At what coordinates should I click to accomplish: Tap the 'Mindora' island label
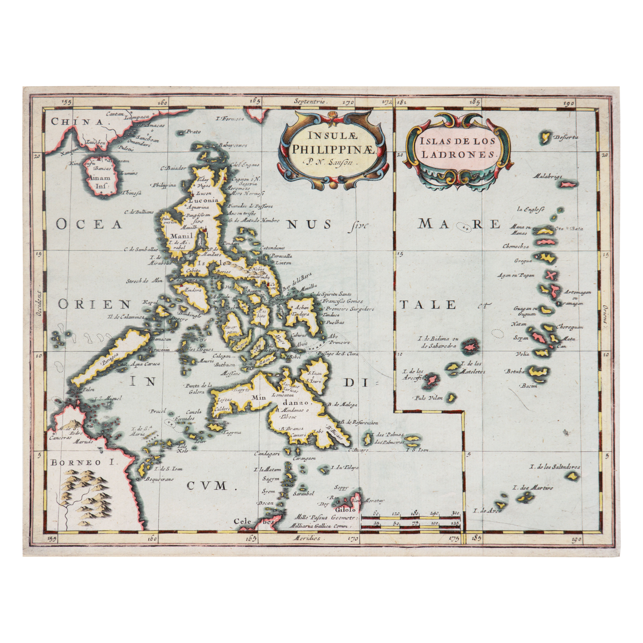[190, 290]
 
